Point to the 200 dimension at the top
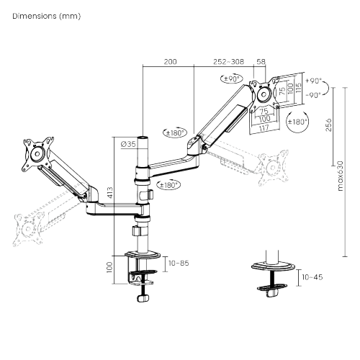coord(170,63)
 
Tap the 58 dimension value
coord(261,63)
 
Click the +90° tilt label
coord(314,82)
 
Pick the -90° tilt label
coord(314,94)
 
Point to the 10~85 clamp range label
coord(179,264)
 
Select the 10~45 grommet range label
coord(312,277)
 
